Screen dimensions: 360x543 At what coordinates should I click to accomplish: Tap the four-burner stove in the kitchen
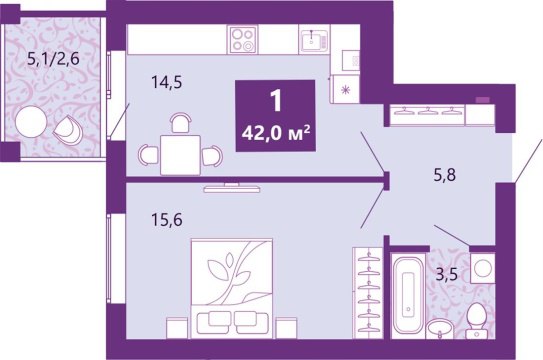pyautogui.click(x=244, y=41)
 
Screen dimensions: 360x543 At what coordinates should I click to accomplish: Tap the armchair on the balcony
pyautogui.click(x=69, y=131)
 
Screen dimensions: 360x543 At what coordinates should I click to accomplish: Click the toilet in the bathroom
pyautogui.click(x=476, y=321)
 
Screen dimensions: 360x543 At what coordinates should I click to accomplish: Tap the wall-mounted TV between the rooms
pyautogui.click(x=229, y=188)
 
